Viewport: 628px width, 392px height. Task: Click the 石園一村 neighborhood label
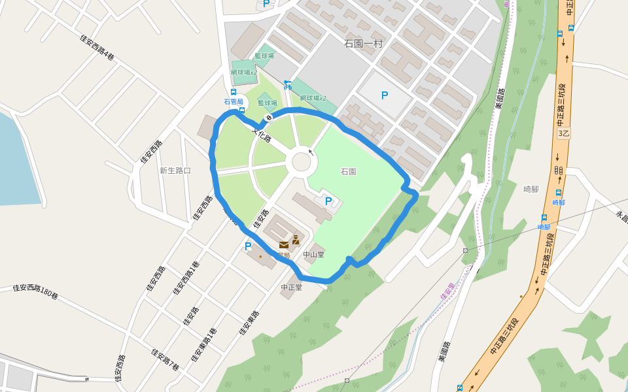point(363,44)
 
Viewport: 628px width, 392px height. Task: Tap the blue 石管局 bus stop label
point(234,101)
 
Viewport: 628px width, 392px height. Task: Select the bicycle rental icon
point(287,84)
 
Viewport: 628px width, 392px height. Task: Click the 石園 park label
point(348,172)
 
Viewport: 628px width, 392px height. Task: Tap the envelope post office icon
point(283,244)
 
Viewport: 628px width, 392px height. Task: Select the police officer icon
point(296,239)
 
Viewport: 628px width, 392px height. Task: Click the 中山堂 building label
point(313,254)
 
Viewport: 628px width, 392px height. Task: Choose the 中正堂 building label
point(291,287)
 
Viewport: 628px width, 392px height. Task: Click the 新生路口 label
point(175,171)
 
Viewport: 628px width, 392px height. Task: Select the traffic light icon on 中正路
point(559,170)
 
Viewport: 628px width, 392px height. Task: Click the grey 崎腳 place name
point(531,189)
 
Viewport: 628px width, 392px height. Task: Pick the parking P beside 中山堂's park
point(328,201)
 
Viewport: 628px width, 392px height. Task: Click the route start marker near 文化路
point(268,117)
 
